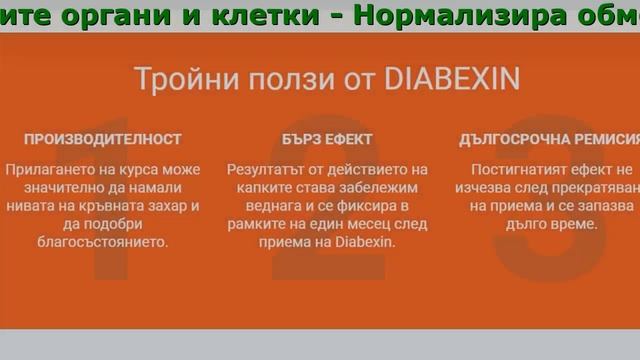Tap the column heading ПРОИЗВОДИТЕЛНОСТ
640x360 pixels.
coord(103,140)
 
